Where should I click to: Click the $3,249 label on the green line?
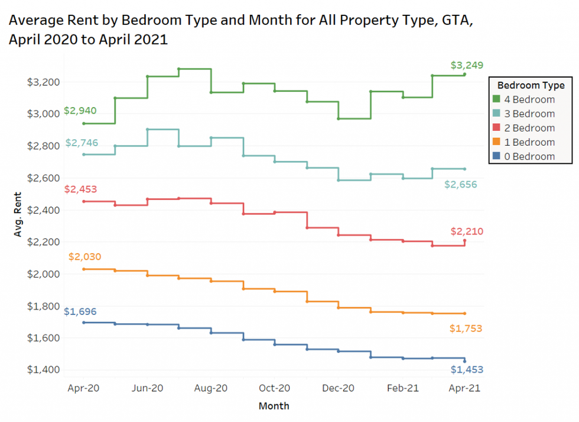466,65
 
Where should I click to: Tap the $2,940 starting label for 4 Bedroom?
80,111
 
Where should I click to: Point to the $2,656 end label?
461,185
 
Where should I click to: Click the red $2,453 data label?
80,189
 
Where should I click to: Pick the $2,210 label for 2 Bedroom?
467,231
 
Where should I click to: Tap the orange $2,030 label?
84,257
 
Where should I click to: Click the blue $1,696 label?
80,312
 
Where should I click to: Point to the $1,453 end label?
467,370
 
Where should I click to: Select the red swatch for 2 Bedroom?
497,128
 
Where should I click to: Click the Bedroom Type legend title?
530,85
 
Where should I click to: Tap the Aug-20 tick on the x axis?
210,388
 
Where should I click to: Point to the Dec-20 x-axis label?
339,388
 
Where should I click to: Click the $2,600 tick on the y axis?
43,178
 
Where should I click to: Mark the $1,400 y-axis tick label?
43,370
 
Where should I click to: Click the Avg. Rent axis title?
18,215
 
